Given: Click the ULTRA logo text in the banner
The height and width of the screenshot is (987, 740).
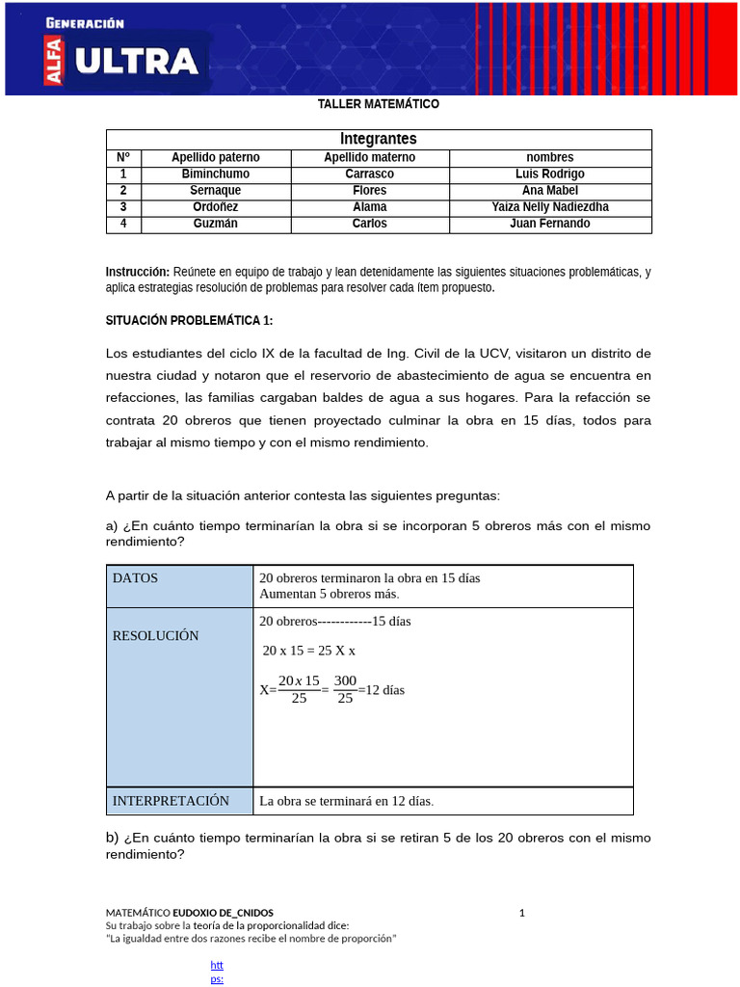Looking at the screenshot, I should click(x=136, y=63).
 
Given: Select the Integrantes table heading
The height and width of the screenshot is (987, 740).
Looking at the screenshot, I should click(x=379, y=139).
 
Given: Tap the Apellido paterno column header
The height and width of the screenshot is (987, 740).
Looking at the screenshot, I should click(x=216, y=157).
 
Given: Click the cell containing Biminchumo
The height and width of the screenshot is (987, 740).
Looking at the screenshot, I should click(x=216, y=173).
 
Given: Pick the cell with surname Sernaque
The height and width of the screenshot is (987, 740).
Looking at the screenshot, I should click(x=216, y=191).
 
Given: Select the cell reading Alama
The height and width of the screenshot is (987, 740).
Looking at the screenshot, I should click(x=369, y=207).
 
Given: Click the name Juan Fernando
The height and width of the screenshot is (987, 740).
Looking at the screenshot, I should click(x=550, y=224).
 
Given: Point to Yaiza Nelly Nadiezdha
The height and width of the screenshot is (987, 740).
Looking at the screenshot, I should click(x=550, y=207).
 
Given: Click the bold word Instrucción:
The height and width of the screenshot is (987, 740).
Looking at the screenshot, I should click(x=137, y=272).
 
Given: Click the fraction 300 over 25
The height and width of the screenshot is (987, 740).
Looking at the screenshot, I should click(x=345, y=689).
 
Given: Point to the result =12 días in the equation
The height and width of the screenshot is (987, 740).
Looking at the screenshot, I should click(x=382, y=690).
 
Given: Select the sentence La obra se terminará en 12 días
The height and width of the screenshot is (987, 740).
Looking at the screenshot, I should click(x=346, y=801).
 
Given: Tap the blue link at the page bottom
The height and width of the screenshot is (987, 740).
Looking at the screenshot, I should click(x=217, y=972).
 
